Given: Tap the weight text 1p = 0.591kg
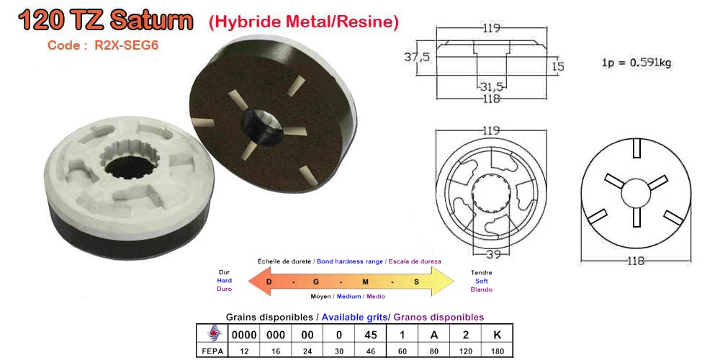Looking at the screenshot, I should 636,63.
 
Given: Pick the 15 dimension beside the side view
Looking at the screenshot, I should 557,66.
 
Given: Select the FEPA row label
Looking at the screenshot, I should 212,352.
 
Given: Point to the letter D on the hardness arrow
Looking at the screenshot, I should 269,281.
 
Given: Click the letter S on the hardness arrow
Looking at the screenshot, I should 416,281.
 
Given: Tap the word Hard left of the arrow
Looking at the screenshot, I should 224,281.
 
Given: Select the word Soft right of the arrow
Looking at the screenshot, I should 481,281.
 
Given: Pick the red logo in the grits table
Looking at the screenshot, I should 212,334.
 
